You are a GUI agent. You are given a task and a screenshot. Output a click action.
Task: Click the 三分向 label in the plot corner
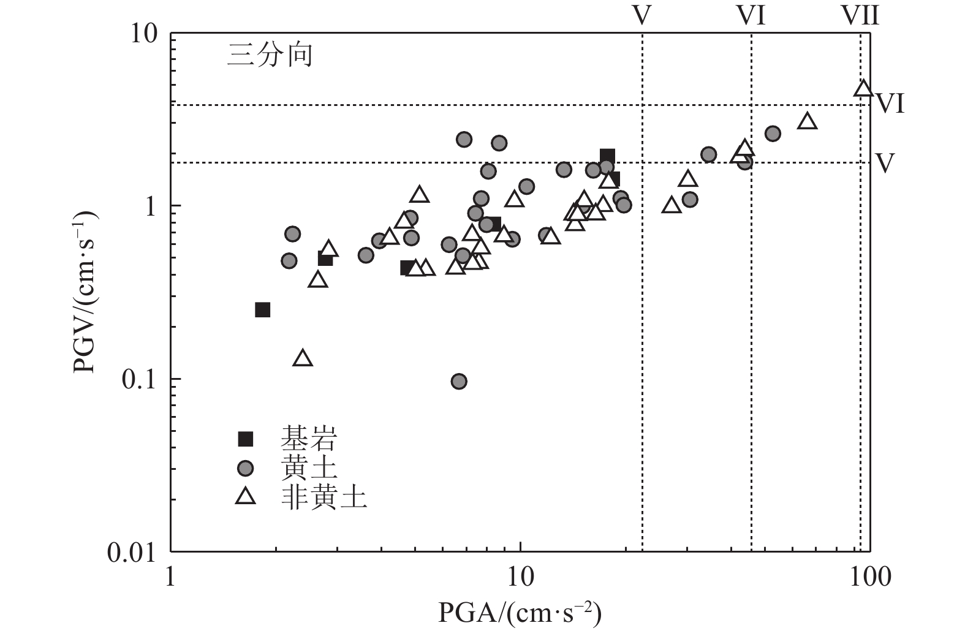(270, 56)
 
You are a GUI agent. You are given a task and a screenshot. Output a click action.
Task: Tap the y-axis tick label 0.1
(139, 379)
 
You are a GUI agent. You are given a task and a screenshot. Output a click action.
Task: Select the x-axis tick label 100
(869, 578)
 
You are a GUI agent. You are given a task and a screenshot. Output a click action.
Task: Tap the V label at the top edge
(641, 15)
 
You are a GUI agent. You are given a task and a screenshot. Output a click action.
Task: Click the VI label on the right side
(890, 104)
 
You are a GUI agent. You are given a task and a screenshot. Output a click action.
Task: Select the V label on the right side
(884, 163)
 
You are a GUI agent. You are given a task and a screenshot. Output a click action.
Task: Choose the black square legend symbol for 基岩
(246, 439)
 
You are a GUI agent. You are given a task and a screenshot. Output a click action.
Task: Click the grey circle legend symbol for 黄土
(246, 469)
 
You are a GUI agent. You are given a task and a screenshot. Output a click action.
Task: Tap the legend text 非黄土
(324, 497)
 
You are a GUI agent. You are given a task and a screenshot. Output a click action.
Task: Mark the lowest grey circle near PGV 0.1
(459, 382)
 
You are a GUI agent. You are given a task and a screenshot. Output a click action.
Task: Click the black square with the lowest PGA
(262, 310)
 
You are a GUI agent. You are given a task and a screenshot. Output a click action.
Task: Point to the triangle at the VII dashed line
(863, 89)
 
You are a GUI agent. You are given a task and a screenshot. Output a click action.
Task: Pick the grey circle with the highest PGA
(773, 134)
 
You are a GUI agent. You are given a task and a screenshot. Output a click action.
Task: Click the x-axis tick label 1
(170, 578)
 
